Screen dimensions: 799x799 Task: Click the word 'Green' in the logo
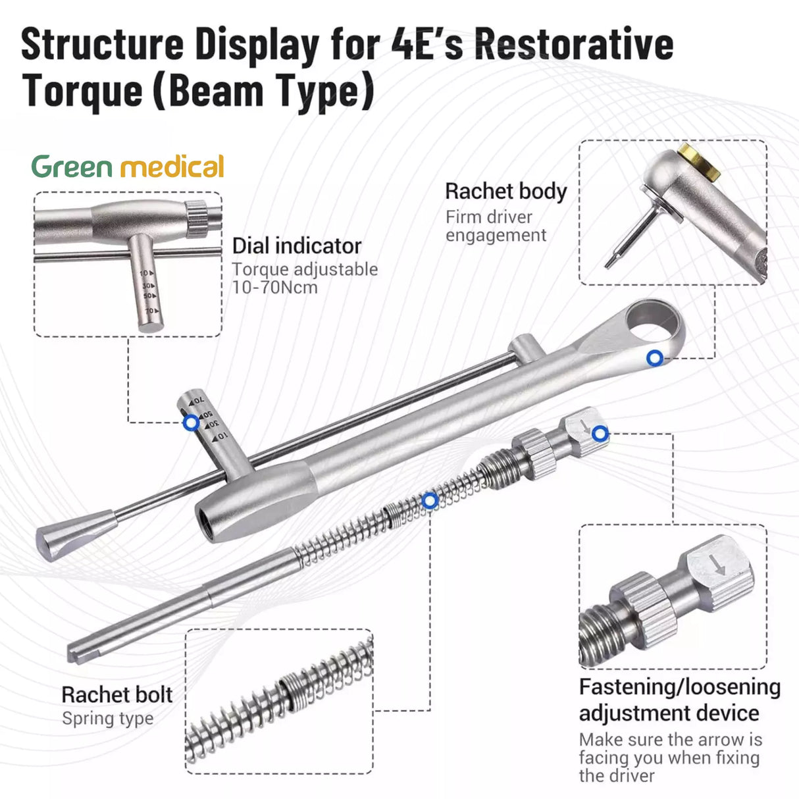[x=72, y=167]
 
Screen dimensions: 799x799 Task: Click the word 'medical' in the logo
[x=173, y=167]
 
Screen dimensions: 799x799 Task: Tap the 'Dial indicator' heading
[x=296, y=246]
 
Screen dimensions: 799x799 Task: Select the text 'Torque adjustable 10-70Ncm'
[x=305, y=278]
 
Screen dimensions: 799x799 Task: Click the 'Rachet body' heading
[x=505, y=192]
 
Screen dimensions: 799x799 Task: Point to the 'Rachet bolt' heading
[x=116, y=694]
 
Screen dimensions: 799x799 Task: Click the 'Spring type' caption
[x=107, y=719]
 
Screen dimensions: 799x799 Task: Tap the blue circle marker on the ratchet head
[x=654, y=358]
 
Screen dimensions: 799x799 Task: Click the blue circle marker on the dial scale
[x=191, y=423]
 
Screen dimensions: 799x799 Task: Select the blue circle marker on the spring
[x=430, y=501]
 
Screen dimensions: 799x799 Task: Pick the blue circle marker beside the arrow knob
[x=600, y=433]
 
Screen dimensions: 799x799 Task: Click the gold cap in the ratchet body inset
[x=699, y=160]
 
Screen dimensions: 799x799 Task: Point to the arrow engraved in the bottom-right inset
[x=717, y=565]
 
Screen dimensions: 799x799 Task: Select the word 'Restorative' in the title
[x=574, y=45]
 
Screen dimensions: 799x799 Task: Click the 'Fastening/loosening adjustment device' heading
[x=679, y=700]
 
